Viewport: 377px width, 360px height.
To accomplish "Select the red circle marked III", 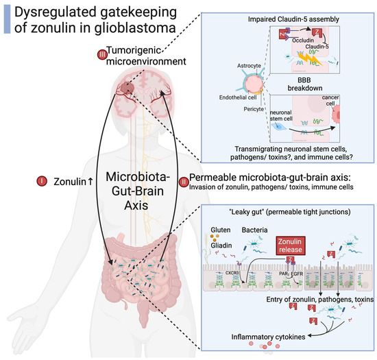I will tap(103, 54).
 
